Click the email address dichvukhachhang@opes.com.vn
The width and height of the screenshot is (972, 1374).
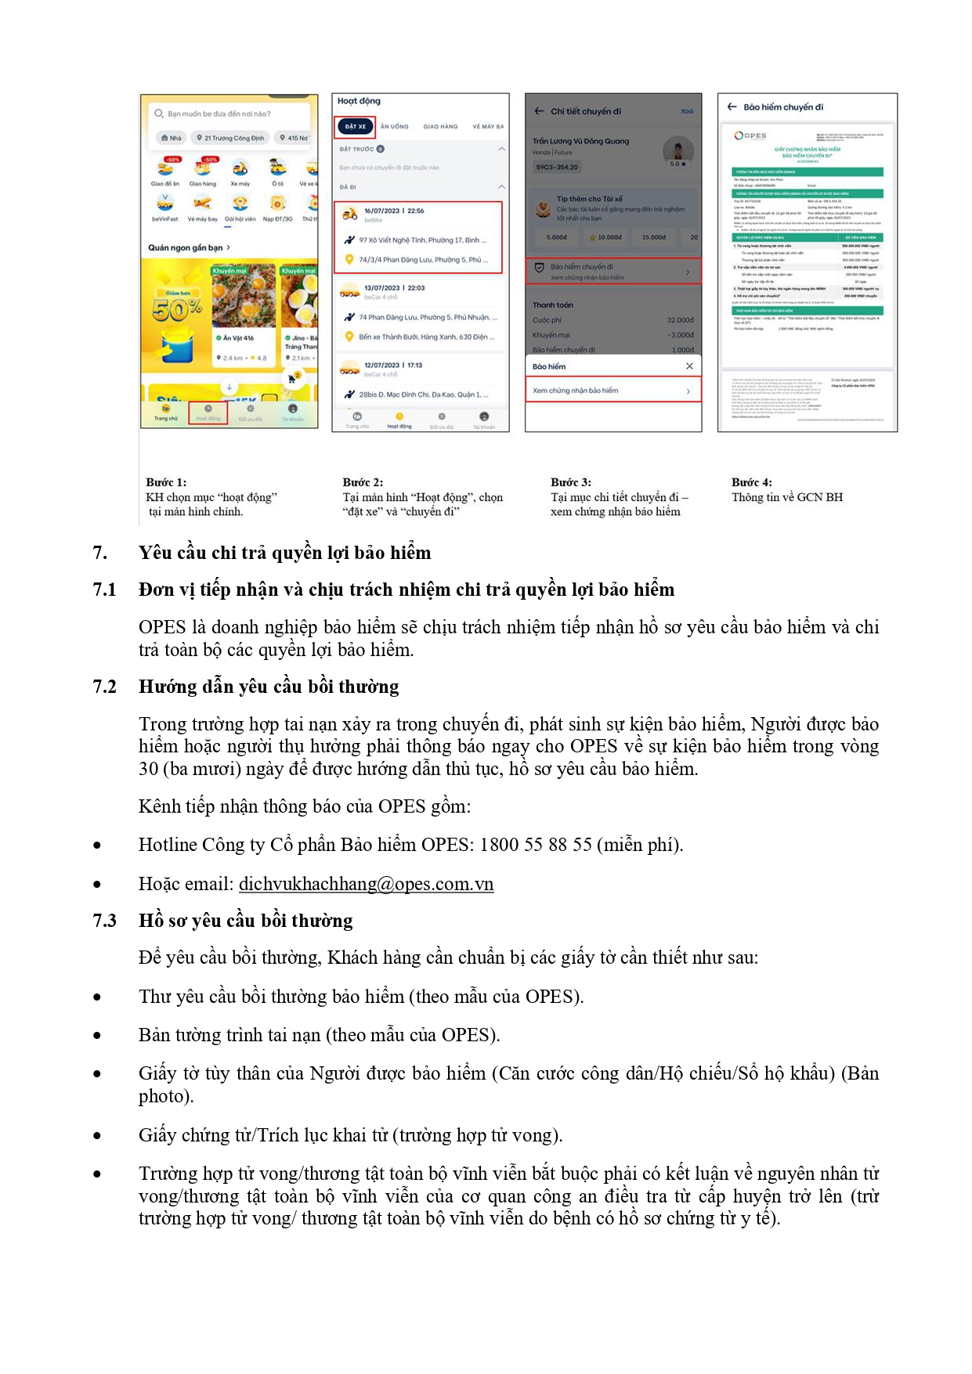(366, 884)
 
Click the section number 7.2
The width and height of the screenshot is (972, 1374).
(104, 687)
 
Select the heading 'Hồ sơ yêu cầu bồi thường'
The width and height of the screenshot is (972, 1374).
(245, 921)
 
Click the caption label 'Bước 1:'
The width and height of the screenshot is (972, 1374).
(166, 482)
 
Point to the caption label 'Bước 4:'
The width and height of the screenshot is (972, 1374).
(751, 482)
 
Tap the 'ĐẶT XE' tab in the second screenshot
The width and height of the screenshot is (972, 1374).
(356, 126)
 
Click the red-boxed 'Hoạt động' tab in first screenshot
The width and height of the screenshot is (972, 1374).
(208, 413)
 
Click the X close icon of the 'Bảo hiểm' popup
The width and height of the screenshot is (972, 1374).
(689, 366)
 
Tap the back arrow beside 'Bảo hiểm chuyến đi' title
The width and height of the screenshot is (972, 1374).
(732, 107)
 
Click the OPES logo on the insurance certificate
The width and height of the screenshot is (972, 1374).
(750, 135)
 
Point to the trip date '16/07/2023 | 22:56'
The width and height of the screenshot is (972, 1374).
(394, 211)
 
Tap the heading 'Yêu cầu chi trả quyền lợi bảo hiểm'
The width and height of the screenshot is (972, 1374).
(284, 553)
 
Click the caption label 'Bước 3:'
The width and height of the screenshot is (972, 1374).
(570, 482)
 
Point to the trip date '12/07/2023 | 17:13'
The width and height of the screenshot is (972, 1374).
(393, 365)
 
